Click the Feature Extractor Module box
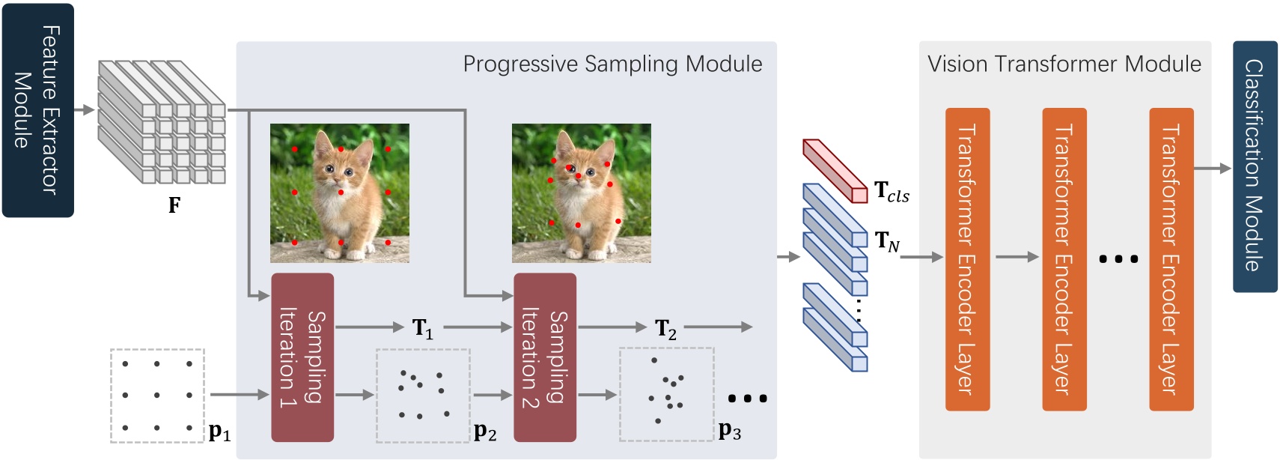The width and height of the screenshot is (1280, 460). click(37, 110)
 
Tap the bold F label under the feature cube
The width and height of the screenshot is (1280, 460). click(174, 205)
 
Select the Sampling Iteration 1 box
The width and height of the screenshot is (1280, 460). click(302, 357)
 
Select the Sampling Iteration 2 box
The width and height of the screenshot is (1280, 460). click(545, 357)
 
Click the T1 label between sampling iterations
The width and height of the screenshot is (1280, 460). click(423, 328)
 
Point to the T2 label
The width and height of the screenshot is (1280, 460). click(665, 328)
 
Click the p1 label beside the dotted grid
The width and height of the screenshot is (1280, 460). click(219, 432)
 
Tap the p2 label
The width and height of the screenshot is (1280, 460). click(485, 432)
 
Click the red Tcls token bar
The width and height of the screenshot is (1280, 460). click(835, 169)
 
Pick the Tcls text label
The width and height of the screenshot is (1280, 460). click(892, 192)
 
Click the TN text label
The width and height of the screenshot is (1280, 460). click(887, 240)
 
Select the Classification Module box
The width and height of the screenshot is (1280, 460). click(1255, 166)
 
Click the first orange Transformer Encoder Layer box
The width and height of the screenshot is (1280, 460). click(967, 259)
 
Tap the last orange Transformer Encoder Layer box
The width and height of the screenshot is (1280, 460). click(1171, 259)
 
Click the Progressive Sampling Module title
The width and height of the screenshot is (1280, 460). click(612, 64)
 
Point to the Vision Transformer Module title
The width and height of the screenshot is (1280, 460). click(1064, 64)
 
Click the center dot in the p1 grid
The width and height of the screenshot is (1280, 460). click(157, 395)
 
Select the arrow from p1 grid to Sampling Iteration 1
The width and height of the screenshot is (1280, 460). click(239, 394)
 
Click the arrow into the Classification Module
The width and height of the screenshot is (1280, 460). click(1213, 169)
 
